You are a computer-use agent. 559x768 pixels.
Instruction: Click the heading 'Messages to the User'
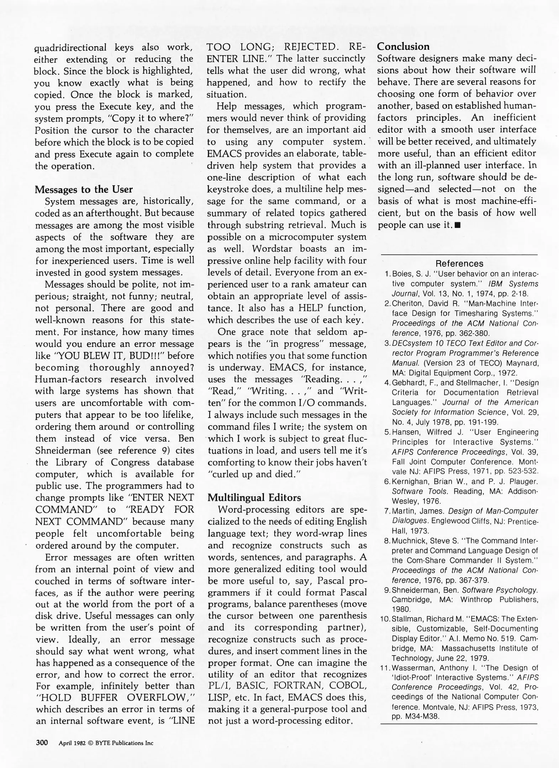pos(84,190)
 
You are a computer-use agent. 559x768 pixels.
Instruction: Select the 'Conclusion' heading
pos(403,47)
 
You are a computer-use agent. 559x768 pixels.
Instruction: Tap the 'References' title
pos(459,263)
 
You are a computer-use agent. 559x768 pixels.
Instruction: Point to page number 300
pos(42,742)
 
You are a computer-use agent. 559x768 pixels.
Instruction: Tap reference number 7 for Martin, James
pos(387,511)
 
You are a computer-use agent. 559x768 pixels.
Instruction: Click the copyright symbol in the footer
pos(90,743)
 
